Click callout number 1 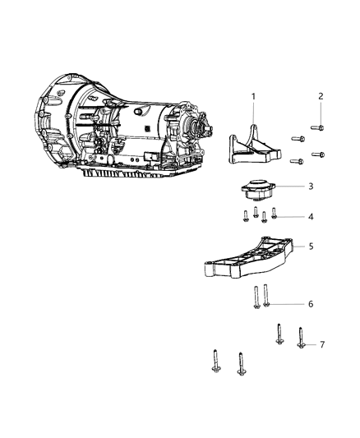254,97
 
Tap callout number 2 321,97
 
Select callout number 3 311,186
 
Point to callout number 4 310,217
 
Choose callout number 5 311,246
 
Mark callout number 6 310,304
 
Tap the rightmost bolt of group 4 275,215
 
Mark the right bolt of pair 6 267,295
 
